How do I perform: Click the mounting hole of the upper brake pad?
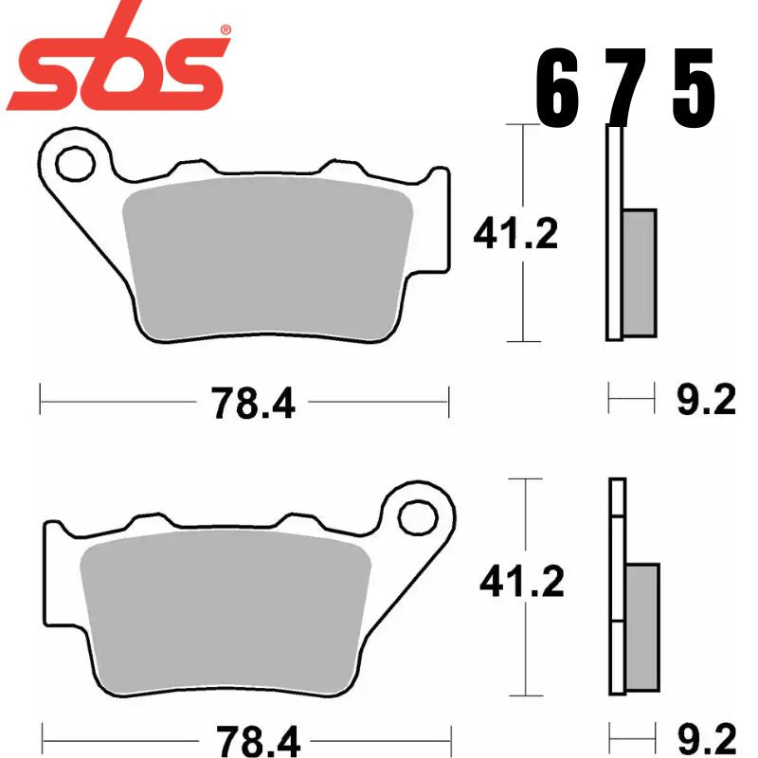(71, 165)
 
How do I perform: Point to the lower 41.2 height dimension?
(522, 583)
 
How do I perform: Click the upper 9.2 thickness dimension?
(706, 402)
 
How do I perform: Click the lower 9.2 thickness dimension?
(706, 736)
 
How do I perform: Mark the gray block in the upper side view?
(640, 272)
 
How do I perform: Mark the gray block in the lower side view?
(641, 625)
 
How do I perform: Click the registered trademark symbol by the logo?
(225, 30)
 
